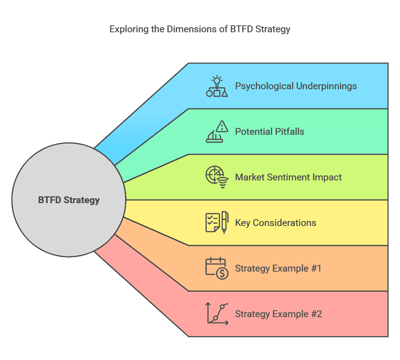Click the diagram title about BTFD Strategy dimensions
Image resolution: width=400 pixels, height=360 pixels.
click(x=200, y=29)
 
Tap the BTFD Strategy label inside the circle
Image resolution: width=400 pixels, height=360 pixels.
click(x=69, y=200)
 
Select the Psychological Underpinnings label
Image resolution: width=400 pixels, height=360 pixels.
click(x=296, y=86)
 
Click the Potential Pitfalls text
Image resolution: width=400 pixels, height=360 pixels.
click(x=270, y=132)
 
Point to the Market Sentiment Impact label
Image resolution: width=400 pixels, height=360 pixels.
click(x=288, y=177)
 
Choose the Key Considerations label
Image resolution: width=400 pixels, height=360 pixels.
click(x=276, y=223)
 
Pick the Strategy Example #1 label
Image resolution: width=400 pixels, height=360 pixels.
click(x=278, y=268)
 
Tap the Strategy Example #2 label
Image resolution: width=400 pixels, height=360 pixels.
click(x=278, y=314)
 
